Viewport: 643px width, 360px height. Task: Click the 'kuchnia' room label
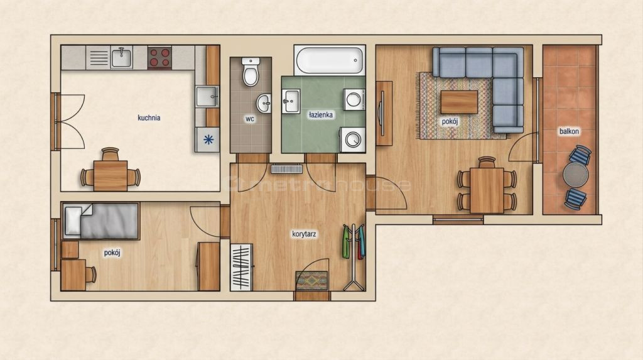149,118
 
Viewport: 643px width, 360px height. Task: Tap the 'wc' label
250,119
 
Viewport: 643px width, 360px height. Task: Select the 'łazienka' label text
321,115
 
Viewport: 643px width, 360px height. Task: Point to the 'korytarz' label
304,234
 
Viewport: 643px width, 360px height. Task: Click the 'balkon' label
569,131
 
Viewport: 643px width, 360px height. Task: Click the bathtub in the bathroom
330,60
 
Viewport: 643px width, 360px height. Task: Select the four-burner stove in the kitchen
159,57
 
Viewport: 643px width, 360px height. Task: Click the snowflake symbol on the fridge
208,139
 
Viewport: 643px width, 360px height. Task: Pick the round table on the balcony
575,175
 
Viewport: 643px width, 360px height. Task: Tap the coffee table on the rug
459,102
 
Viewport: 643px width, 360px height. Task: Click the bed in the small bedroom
101,221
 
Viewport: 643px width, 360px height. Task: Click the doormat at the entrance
312,281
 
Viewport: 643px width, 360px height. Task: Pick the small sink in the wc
264,103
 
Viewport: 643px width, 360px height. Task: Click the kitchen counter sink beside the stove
121,57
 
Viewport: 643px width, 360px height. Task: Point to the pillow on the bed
73,221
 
